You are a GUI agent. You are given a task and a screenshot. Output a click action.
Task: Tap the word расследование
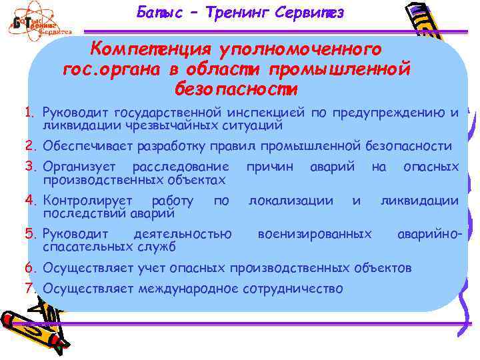[x=181, y=166]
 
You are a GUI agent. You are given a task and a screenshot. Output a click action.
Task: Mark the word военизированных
[x=315, y=234]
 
